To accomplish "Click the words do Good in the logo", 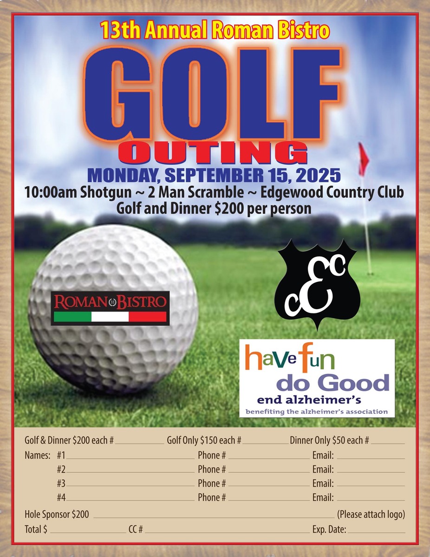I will [332, 383].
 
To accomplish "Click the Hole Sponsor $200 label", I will [57, 514].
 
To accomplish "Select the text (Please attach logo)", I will [371, 514].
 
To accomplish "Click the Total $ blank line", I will [86, 531].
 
